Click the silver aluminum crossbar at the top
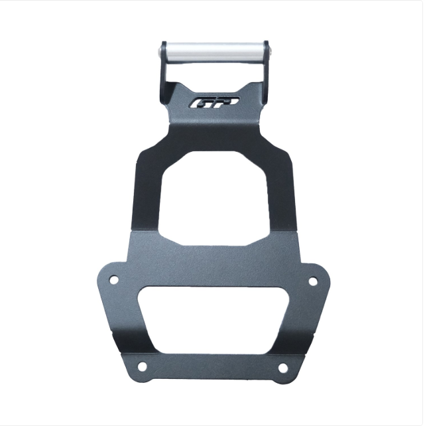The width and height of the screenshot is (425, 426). tap(214, 52)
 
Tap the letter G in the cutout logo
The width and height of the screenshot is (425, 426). tap(201, 104)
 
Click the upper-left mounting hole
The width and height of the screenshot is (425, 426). tap(114, 279)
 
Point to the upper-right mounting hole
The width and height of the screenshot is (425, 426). tap(313, 281)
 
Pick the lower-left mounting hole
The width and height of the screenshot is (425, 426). tap(142, 366)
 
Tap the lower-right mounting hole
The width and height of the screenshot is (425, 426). tap(283, 368)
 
